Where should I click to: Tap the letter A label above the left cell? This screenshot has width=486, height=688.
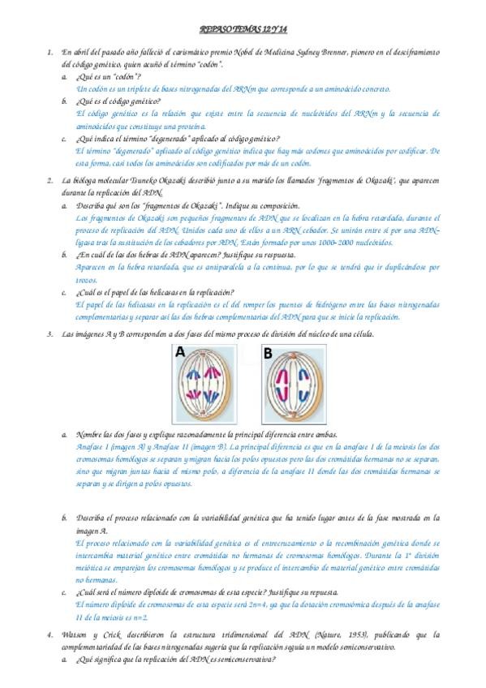coord(181,353)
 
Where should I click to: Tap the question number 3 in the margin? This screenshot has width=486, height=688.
coord(50,335)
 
